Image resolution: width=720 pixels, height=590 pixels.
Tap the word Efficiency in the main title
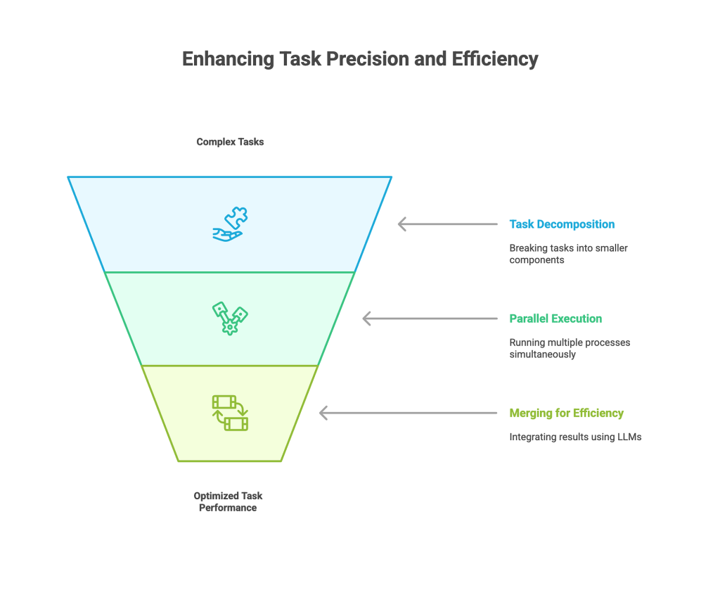click(495, 59)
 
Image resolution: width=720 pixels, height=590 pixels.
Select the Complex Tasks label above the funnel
click(230, 142)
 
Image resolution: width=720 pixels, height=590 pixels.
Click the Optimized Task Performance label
click(228, 501)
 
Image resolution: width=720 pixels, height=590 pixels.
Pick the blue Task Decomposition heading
click(562, 224)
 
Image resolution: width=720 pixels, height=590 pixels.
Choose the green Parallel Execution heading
click(555, 319)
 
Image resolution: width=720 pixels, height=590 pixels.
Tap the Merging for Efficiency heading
click(566, 413)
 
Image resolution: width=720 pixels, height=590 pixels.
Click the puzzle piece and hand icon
click(230, 224)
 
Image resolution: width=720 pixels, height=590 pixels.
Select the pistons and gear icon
click(230, 319)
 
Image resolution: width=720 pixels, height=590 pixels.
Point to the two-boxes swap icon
click(230, 413)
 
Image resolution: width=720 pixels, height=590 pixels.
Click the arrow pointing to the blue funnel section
click(447, 224)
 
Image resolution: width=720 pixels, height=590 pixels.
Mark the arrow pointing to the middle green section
click(429, 319)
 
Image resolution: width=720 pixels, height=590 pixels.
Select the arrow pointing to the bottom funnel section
click(408, 413)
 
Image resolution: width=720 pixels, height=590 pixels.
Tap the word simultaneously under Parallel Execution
click(542, 354)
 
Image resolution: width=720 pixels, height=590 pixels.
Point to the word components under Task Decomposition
click(538, 260)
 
